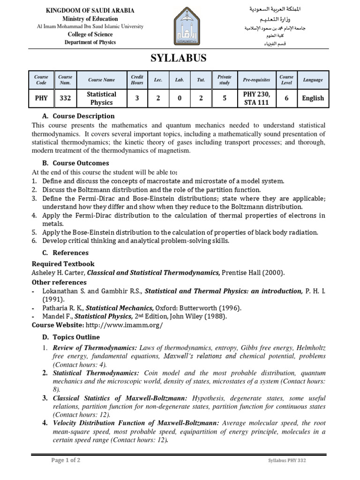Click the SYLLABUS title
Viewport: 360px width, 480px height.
pyautogui.click(x=178, y=58)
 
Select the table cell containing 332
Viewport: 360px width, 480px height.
pyautogui.click(x=65, y=98)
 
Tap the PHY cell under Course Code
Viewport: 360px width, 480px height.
pyautogui.click(x=41, y=98)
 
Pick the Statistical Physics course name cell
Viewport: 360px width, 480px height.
pyautogui.click(x=101, y=98)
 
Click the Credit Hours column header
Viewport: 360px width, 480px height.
pyautogui.click(x=137, y=80)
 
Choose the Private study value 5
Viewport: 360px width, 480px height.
pyautogui.click(x=225, y=98)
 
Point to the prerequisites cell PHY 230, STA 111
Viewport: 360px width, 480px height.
pyautogui.click(x=256, y=98)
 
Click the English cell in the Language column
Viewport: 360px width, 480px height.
pyautogui.click(x=313, y=98)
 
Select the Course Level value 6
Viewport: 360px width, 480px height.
pyautogui.click(x=286, y=98)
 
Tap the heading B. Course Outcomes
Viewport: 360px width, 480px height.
pyautogui.click(x=75, y=163)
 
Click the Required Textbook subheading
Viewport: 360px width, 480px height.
pyautogui.click(x=63, y=264)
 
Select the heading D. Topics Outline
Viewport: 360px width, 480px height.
pyautogui.click(x=71, y=337)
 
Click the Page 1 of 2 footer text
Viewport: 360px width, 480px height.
pyautogui.click(x=66, y=460)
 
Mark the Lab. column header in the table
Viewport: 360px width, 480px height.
pyautogui.click(x=180, y=80)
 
